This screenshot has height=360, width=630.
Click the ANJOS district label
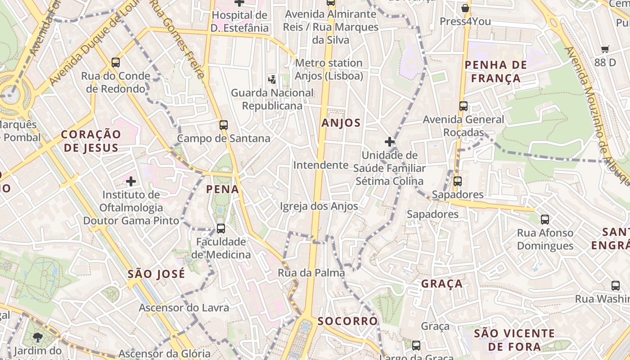pyautogui.click(x=341, y=123)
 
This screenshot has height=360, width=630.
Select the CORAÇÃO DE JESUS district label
pyautogui.click(x=91, y=140)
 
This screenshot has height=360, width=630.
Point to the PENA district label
pyautogui.click(x=222, y=189)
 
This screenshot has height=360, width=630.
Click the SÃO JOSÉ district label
pyautogui.click(x=156, y=274)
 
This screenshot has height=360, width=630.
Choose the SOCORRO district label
pyautogui.click(x=347, y=321)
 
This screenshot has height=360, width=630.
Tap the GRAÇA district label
pyautogui.click(x=442, y=283)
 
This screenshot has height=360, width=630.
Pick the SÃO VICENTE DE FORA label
pyautogui.click(x=514, y=340)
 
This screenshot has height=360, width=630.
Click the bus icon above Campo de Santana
pyautogui.click(x=224, y=125)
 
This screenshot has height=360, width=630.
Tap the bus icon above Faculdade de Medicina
pyautogui.click(x=221, y=228)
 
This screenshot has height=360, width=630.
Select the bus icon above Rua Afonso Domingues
pyautogui.click(x=545, y=219)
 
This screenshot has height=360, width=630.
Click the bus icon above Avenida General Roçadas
pyautogui.click(x=463, y=106)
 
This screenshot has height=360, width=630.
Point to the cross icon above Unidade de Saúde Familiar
pyautogui.click(x=390, y=142)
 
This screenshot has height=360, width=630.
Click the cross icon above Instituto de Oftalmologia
pyautogui.click(x=131, y=181)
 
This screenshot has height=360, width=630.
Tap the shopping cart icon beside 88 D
pyautogui.click(x=605, y=49)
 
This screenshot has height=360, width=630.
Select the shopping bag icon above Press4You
pyautogui.click(x=465, y=8)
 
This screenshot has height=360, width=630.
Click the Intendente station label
pyautogui.click(x=321, y=165)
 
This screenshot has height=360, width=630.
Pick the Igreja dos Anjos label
pyautogui.click(x=319, y=206)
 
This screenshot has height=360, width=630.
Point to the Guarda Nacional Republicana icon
pyautogui.click(x=272, y=80)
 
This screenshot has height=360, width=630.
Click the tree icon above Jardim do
pyautogui.click(x=38, y=337)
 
